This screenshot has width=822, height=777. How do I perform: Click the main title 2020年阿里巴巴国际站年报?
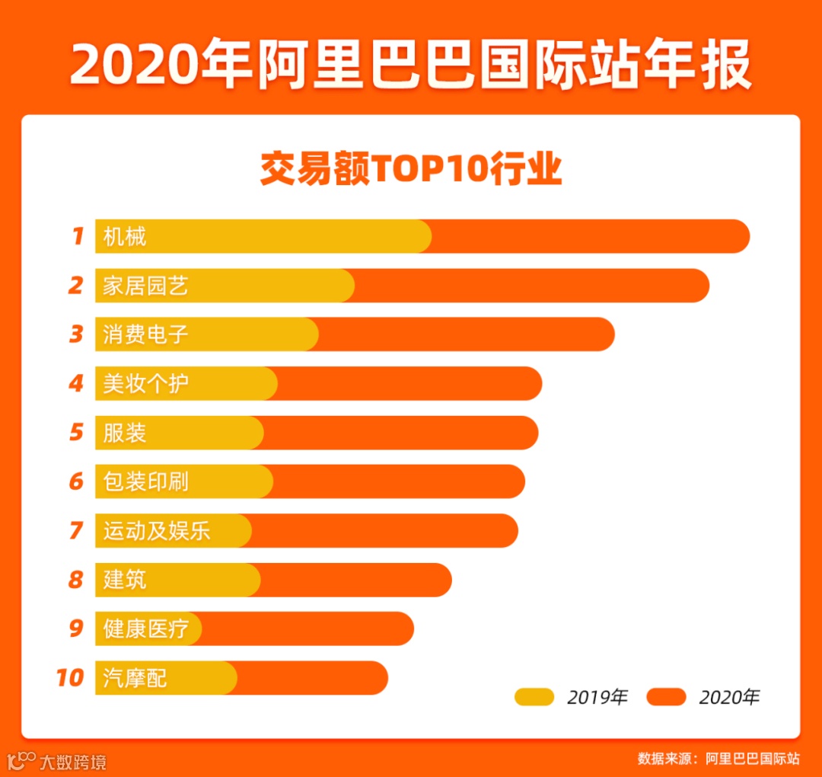[411, 65]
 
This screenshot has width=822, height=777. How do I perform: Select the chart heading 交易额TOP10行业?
[411, 169]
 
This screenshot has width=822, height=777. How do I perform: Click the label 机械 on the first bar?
[125, 237]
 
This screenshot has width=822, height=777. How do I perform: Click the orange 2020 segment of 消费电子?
[464, 334]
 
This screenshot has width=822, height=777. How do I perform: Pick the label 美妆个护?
[145, 383]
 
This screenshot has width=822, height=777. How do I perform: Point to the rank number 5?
[76, 433]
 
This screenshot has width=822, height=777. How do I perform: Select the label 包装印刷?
[145, 481]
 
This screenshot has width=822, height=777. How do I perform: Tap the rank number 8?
[75, 580]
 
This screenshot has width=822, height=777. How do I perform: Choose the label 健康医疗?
[145, 628]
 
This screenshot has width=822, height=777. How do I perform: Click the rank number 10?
[70, 677]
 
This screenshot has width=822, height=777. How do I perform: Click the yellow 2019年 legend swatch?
[534, 696]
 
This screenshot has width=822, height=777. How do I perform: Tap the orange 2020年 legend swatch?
[666, 696]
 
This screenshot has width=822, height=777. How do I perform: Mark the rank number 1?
[77, 237]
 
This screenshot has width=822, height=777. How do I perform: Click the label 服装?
[125, 433]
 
